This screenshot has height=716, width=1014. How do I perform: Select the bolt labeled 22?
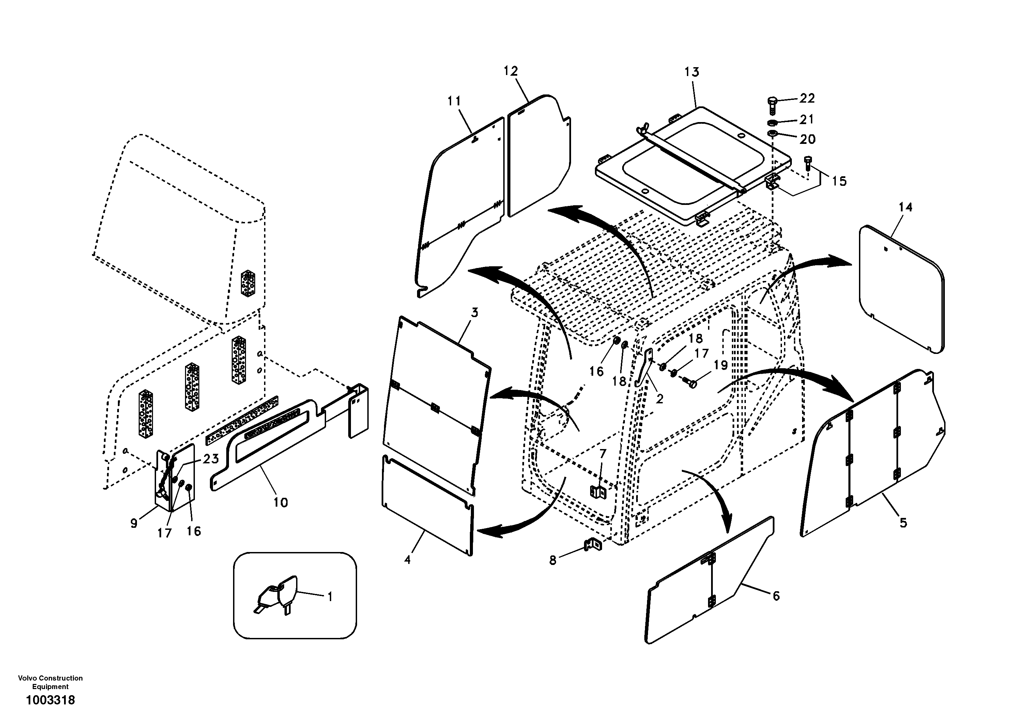(771, 104)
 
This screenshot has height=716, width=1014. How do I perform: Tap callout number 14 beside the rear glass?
(905, 207)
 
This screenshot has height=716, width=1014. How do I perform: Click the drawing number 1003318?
(50, 700)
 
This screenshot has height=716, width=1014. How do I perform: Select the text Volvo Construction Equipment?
(50, 682)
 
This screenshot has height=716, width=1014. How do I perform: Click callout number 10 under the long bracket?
(280, 503)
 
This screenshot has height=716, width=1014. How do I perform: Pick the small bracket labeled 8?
(594, 545)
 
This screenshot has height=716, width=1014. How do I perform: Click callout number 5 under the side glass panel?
(903, 523)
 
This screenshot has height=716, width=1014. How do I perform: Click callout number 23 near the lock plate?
(210, 459)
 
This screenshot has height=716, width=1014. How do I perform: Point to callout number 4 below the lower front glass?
(407, 560)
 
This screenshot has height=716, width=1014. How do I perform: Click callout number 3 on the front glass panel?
(474, 313)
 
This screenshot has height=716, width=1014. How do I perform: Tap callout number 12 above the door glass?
(510, 71)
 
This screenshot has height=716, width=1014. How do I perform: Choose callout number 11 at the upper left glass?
(454, 101)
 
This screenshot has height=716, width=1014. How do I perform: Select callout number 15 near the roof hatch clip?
(839, 181)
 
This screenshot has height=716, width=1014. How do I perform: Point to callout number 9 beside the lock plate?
(134, 523)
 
